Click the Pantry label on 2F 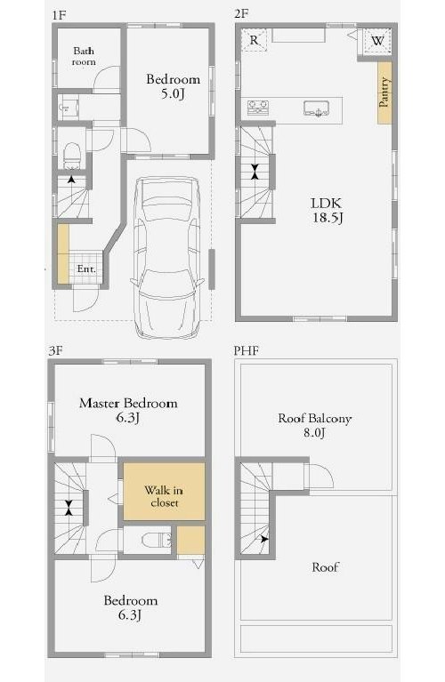384,92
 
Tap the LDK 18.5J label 327,210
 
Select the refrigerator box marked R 255,40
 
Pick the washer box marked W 377,41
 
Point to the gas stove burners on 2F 258,108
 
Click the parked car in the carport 167,257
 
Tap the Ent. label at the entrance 86,269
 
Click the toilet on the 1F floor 72,155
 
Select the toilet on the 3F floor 157,540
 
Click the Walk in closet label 164,496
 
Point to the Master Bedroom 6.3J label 128,410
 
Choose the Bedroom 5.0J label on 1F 174,85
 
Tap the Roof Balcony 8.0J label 315,425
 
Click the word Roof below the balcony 325,566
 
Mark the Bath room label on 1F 84,56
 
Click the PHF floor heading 246,350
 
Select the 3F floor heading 56,350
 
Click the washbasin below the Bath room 69,108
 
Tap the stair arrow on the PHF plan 263,539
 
